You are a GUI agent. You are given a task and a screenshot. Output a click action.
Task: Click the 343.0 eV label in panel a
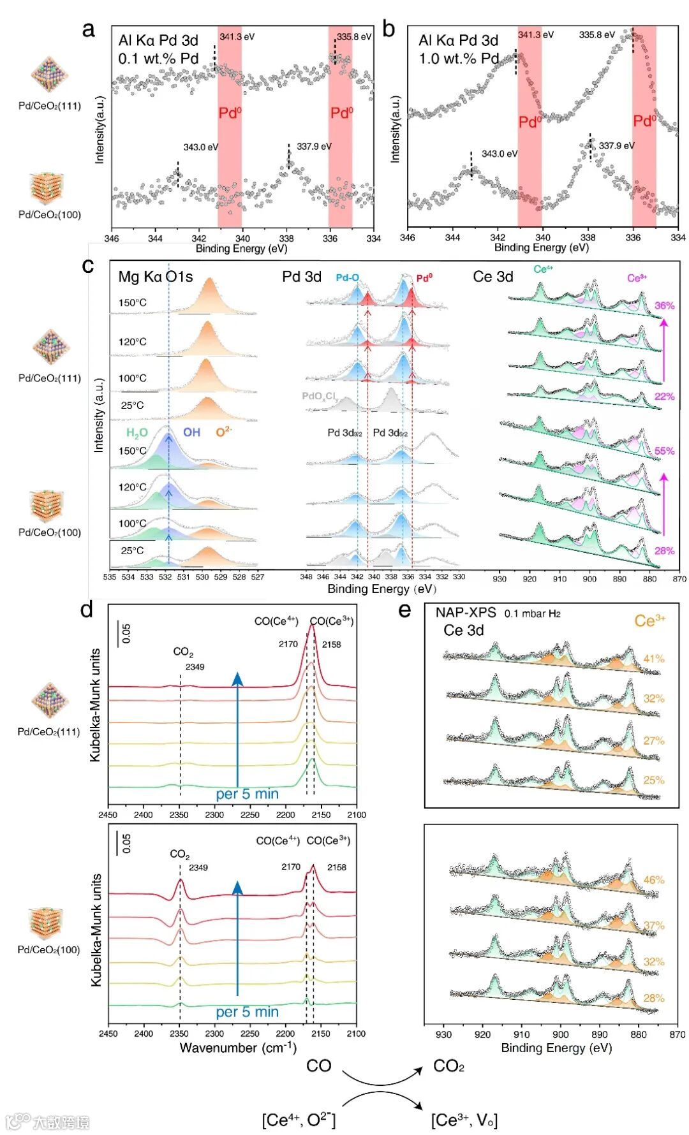click(x=200, y=147)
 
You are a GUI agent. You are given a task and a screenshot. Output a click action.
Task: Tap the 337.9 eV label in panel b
click(x=616, y=145)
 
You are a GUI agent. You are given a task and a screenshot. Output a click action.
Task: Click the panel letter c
click(x=88, y=265)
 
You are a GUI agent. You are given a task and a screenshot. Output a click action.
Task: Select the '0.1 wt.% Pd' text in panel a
click(x=158, y=59)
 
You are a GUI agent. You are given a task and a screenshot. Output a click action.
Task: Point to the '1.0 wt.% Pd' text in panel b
click(x=459, y=59)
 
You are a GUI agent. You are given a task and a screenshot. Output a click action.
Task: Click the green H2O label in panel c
click(x=137, y=433)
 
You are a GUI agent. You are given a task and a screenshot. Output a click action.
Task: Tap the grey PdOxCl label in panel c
click(x=319, y=397)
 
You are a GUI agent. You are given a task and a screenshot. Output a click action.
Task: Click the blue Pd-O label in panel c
click(x=347, y=278)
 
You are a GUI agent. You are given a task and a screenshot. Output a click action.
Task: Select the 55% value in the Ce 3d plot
click(x=663, y=451)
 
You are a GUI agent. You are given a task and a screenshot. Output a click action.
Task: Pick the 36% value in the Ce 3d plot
click(x=663, y=305)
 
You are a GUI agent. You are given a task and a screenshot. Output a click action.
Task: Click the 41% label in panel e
click(x=653, y=659)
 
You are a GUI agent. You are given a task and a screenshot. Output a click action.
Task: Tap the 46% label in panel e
click(x=653, y=880)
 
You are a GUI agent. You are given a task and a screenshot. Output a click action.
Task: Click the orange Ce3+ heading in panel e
click(x=649, y=620)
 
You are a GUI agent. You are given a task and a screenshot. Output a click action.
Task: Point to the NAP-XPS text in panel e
click(x=466, y=613)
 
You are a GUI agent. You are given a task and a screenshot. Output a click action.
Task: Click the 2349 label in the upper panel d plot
click(x=195, y=667)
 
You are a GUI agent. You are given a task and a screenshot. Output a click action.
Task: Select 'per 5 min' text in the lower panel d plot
click(x=247, y=1012)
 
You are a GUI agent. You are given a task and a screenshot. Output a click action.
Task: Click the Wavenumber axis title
click(x=237, y=1047)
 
